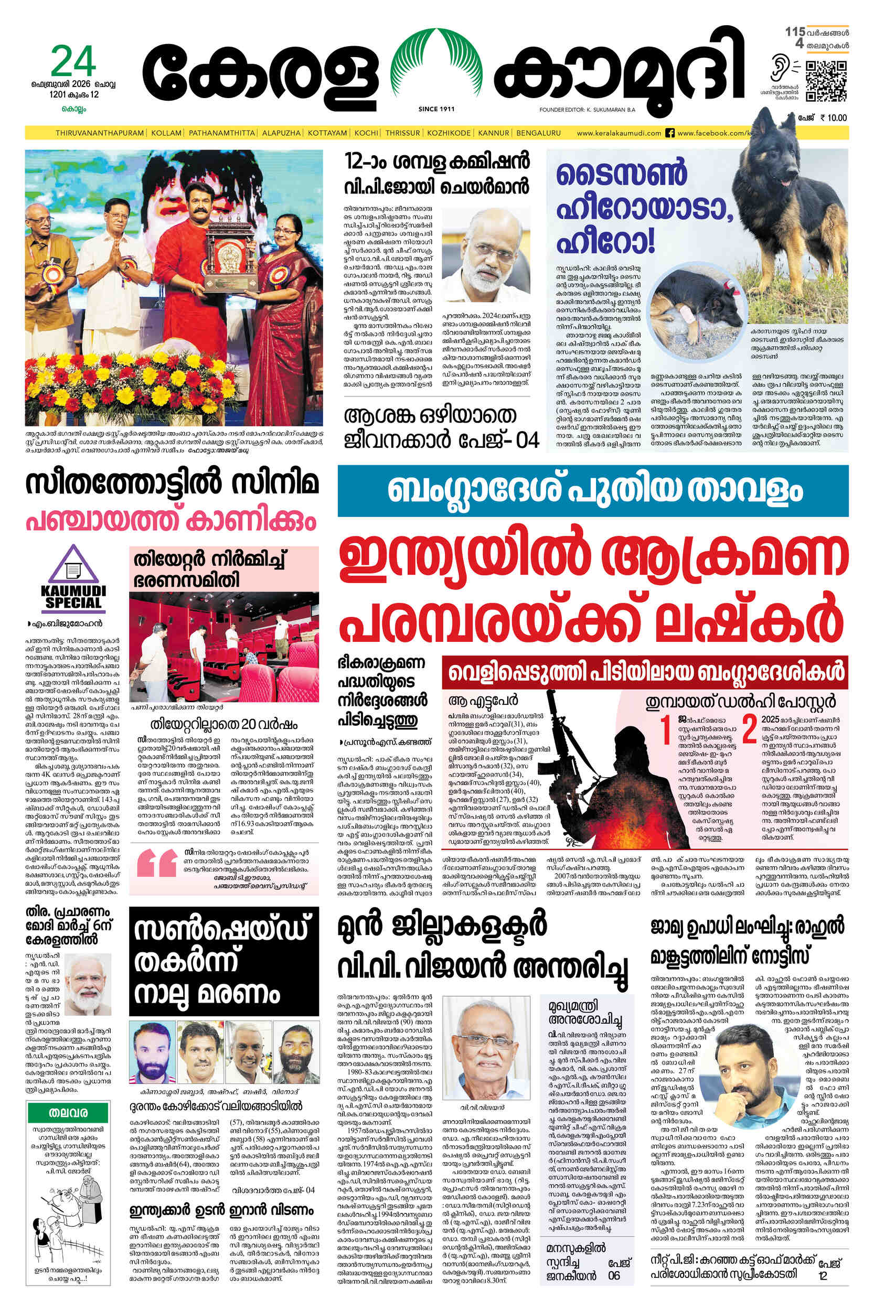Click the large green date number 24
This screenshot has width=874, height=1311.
pyautogui.click(x=73, y=62)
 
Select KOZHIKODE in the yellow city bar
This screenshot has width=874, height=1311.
pyautogui.click(x=448, y=133)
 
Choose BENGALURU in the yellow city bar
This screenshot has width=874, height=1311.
pyautogui.click(x=538, y=133)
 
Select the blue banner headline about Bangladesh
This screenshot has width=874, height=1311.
pyautogui.click(x=592, y=491)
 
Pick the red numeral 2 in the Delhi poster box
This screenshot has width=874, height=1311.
pyautogui.click(x=749, y=730)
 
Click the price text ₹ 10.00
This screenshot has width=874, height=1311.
pyautogui.click(x=833, y=117)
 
